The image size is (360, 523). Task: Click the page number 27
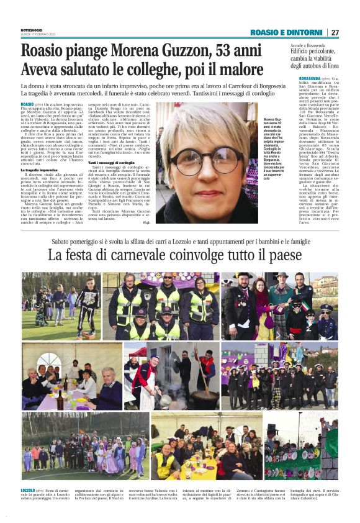(x=335, y=32)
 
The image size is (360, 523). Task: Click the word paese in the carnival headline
(x=282, y=255)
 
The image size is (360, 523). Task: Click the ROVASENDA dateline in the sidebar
(x=304, y=78)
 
